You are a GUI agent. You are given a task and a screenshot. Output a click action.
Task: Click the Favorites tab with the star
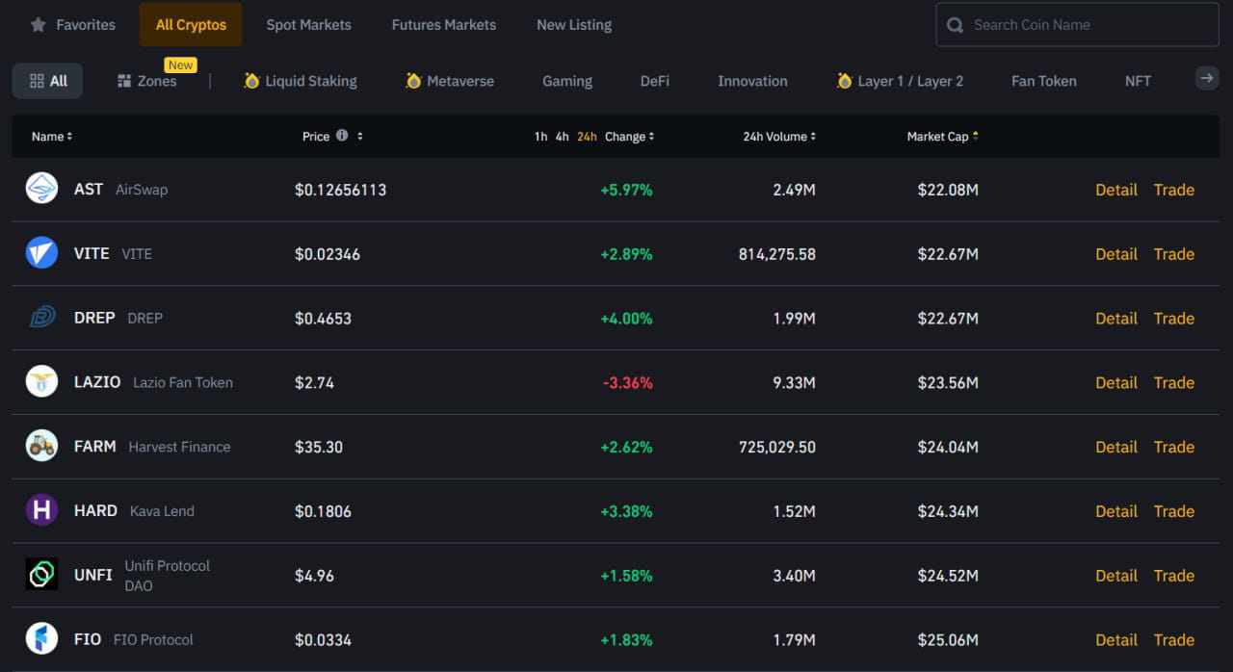pos(73,25)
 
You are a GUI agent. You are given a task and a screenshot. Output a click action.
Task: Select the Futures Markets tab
pos(443,25)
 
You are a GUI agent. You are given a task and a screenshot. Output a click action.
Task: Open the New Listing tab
pos(573,25)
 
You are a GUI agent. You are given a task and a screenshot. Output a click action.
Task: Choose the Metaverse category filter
pos(450,81)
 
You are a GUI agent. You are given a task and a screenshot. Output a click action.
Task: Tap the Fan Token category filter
pos(1043,81)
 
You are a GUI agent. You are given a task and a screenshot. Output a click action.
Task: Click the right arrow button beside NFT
pos(1206,79)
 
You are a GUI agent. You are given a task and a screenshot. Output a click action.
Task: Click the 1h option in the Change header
pos(540,137)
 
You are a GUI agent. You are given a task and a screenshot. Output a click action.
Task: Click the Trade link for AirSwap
pos(1173,190)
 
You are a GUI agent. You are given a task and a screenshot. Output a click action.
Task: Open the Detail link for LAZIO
pos(1115,382)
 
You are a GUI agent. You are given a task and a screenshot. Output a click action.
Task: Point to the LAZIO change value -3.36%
pos(627,382)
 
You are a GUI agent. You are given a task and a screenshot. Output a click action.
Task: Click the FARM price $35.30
pos(319,447)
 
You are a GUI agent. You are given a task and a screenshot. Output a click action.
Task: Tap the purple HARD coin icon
pos(41,510)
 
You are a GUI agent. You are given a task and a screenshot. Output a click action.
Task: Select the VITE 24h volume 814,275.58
pos(776,254)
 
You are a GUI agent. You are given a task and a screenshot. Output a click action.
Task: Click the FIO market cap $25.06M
pos(947,639)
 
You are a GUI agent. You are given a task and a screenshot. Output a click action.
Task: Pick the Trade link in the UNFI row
pos(1173,576)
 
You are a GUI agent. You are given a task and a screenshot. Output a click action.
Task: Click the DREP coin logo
pos(41,318)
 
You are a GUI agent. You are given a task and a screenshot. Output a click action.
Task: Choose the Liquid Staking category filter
pos(301,81)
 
